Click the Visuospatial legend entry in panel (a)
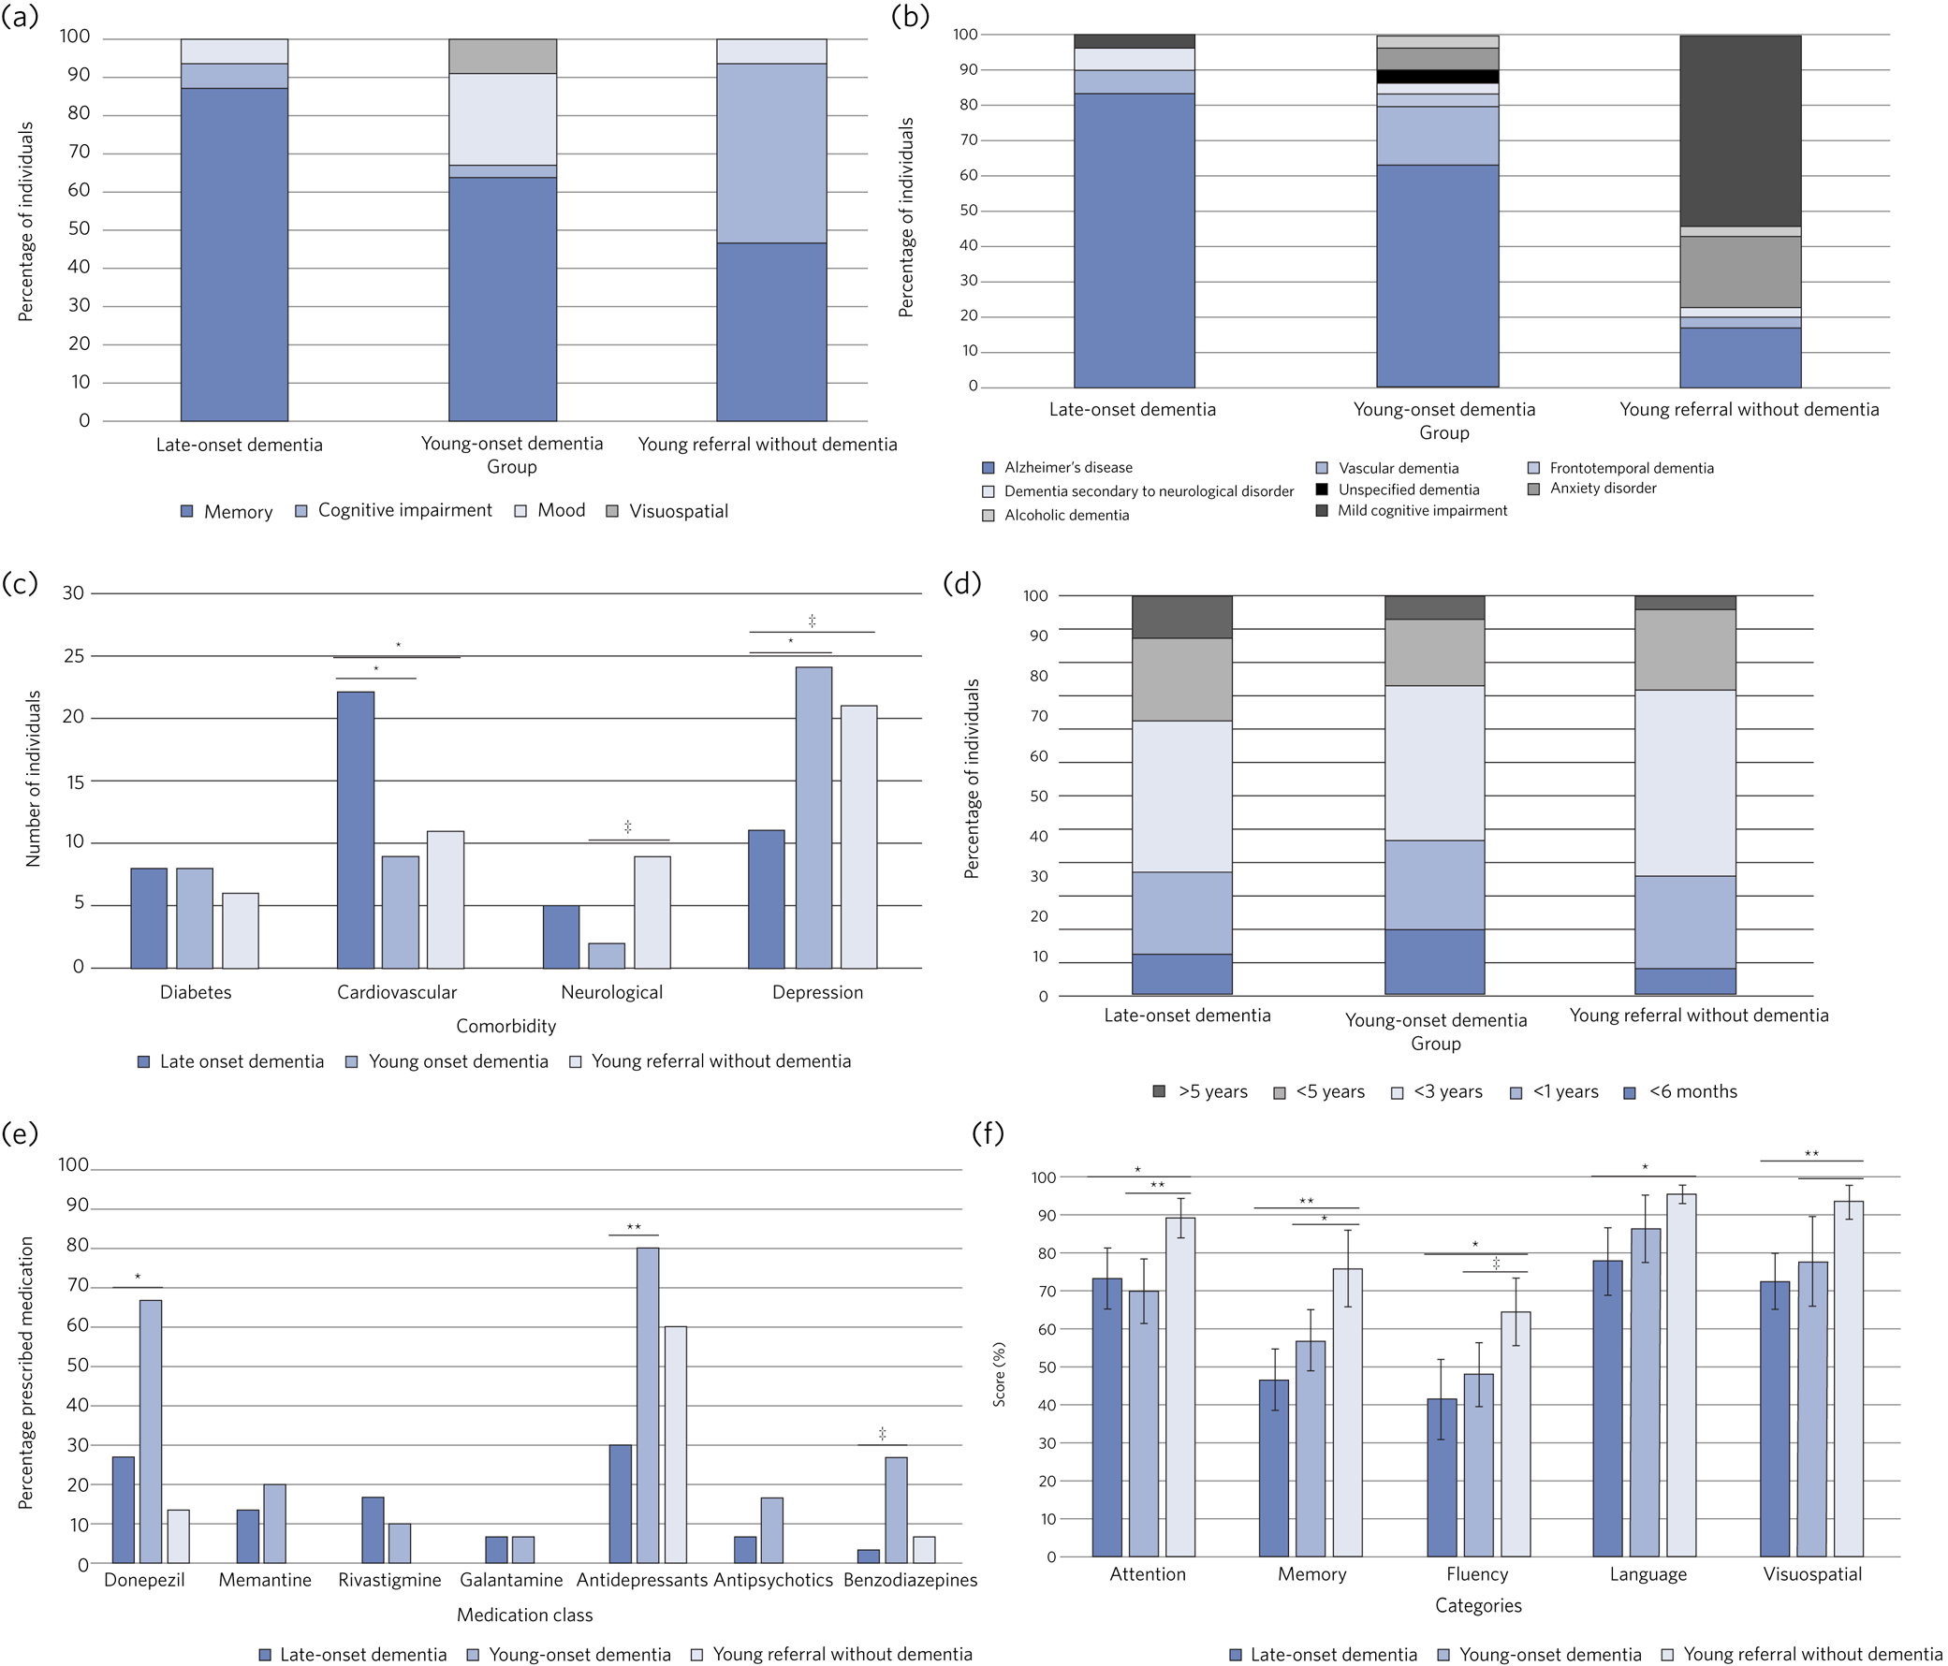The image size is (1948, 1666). pyautogui.click(x=678, y=511)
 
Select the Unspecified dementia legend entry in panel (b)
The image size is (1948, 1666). pyautogui.click(x=1409, y=490)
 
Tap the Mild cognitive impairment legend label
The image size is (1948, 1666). pyautogui.click(x=1422, y=510)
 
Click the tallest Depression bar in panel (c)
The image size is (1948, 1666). pyautogui.click(x=813, y=817)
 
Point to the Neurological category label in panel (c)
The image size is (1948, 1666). pyautogui.click(x=611, y=992)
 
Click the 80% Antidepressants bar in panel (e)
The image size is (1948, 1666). pyautogui.click(x=648, y=1406)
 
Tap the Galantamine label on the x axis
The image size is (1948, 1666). pyautogui.click(x=510, y=1581)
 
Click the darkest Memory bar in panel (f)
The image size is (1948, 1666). pyautogui.click(x=1274, y=1468)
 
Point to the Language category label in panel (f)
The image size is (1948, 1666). pyautogui.click(x=1648, y=1575)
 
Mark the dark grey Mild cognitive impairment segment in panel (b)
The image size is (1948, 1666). pyautogui.click(x=1740, y=132)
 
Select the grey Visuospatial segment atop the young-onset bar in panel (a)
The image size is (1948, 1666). pyautogui.click(x=502, y=56)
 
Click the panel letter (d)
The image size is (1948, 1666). pyautogui.click(x=961, y=583)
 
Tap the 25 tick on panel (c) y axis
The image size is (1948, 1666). pyautogui.click(x=73, y=655)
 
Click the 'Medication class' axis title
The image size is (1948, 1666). pyautogui.click(x=524, y=1615)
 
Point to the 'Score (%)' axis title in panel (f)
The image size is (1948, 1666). pyautogui.click(x=999, y=1374)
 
